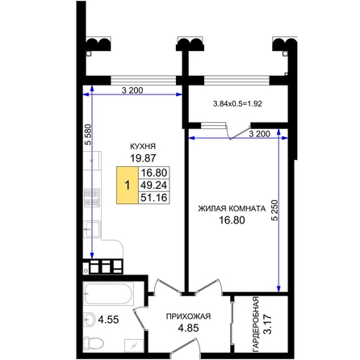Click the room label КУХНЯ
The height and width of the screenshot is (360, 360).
143,146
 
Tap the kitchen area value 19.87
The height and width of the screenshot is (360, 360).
143,158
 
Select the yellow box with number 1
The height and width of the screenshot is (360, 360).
128,185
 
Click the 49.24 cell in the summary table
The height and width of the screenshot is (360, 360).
154,185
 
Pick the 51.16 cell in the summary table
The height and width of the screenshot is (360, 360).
154,198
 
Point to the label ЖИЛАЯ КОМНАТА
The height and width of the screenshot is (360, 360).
232,208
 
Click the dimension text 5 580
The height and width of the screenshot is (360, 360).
88,135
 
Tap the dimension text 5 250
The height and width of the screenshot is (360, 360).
274,210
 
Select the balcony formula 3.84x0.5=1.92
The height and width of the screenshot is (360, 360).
237,103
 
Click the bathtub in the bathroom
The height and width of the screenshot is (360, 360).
108,294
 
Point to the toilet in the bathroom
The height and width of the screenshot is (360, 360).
94,342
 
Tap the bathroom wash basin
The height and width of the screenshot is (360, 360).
89,320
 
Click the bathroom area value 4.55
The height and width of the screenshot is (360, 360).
108,320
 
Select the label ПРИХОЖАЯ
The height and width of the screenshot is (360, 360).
188,316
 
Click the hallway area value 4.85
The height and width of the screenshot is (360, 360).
188,328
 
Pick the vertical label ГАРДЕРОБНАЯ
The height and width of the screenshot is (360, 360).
256,324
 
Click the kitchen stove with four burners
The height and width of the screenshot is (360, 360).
92,198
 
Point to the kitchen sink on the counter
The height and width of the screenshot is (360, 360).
92,229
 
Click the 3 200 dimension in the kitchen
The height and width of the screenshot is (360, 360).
132,90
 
